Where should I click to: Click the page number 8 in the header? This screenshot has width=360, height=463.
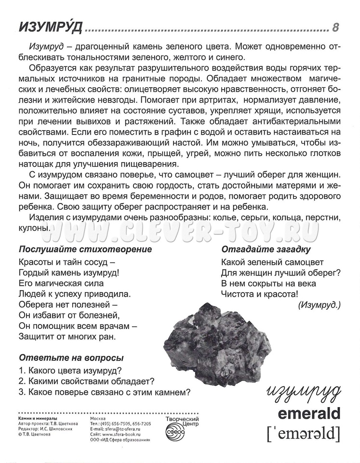click(x=335, y=27)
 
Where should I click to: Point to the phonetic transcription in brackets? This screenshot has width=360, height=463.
click(x=303, y=434)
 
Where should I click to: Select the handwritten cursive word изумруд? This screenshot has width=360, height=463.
click(x=303, y=392)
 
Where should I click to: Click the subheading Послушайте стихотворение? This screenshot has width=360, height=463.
click(x=85, y=249)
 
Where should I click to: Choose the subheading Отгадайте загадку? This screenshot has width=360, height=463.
click(x=266, y=249)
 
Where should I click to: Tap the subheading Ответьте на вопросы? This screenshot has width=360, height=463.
click(x=71, y=358)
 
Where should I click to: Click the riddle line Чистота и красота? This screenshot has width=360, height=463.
click(x=260, y=293)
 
